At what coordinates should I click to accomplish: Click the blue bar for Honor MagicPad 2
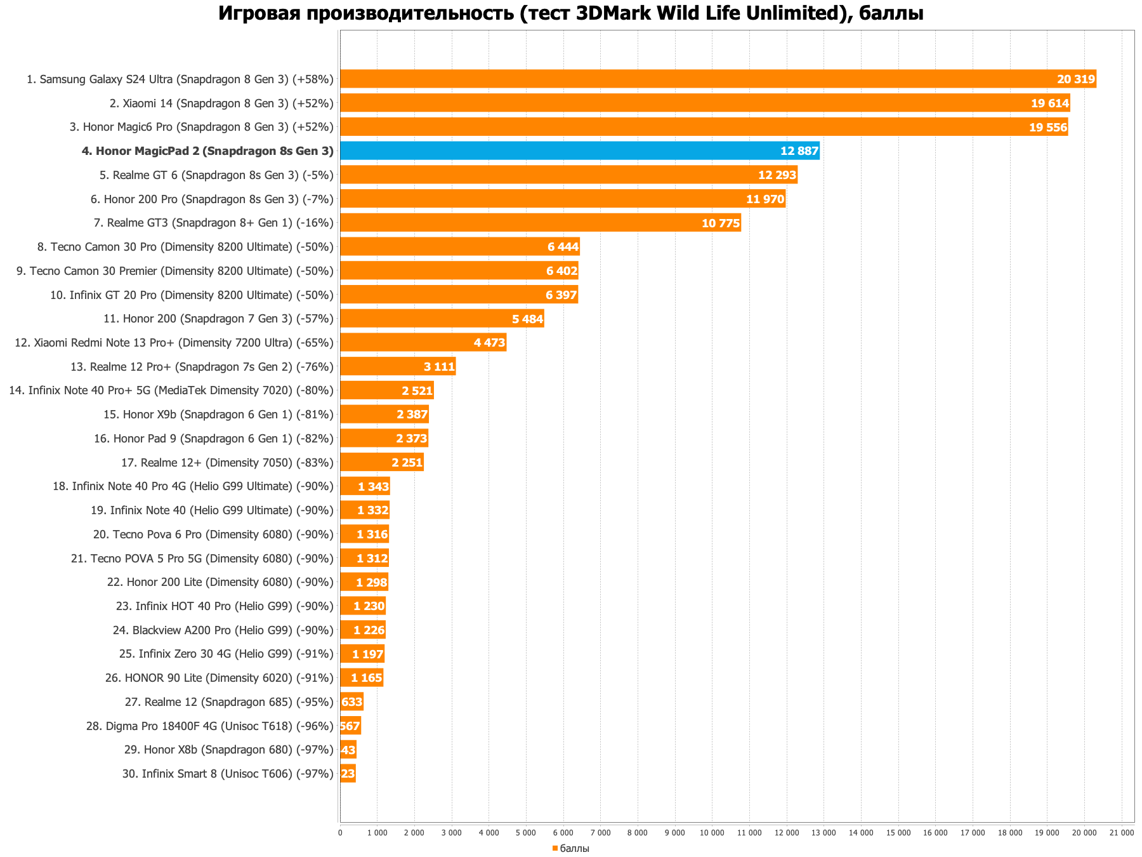coord(579,151)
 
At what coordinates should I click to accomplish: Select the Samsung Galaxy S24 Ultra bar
coord(718,79)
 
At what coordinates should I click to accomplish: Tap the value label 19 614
coord(1050,103)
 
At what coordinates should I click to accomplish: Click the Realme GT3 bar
coord(540,223)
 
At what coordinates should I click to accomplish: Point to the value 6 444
coord(563,247)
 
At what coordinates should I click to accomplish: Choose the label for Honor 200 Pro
coord(212,199)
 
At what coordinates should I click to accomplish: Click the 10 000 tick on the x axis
coord(712,832)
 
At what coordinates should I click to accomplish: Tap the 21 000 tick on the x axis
coord(1121,832)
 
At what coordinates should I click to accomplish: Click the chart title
coord(570,13)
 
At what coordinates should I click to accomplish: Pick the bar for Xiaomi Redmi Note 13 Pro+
coord(423,343)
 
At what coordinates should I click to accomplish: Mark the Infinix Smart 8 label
coord(228,774)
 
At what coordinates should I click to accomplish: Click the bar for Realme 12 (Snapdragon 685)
coord(351,702)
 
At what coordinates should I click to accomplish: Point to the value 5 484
coord(527,319)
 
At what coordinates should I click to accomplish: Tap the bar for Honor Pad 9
coord(384,439)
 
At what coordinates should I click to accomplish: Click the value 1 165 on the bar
coord(366,678)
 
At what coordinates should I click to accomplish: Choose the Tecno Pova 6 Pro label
coord(213,535)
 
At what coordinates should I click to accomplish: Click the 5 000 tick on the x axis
coord(526,832)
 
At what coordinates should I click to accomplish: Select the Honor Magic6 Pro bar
coord(704,127)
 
